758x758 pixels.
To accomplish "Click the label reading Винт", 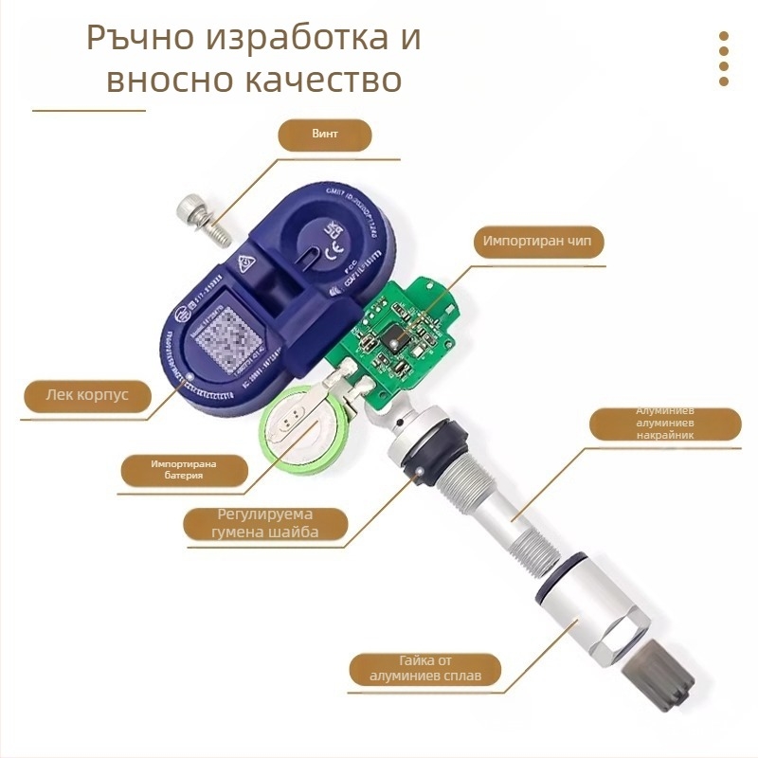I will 324,135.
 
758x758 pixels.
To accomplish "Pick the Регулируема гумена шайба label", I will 264,523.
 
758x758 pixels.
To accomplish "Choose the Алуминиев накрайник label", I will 664,424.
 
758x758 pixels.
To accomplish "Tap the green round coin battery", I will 301,434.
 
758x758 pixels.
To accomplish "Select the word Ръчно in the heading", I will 138,38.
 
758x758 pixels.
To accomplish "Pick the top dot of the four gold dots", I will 723,36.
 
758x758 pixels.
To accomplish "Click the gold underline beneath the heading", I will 89,111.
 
